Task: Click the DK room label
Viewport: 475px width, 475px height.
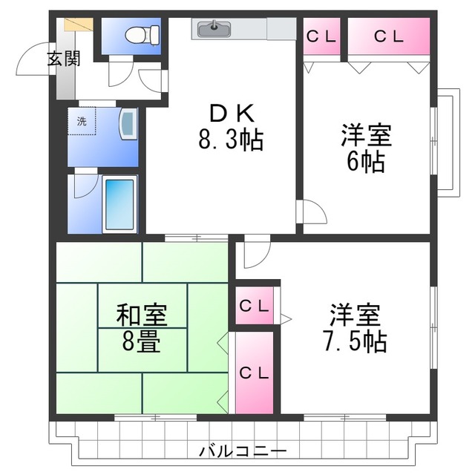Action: pos(232,114)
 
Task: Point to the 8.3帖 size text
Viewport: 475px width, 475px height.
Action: pos(232,140)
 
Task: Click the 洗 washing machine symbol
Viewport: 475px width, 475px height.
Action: pos(82,122)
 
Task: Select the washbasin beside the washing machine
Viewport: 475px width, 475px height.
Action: pos(128,124)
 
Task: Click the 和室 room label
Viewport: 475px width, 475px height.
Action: pos(141,315)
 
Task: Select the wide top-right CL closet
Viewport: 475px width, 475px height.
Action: pos(389,36)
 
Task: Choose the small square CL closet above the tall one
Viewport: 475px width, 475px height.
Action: pos(255,304)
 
